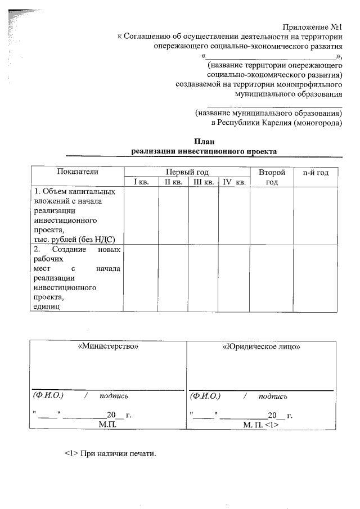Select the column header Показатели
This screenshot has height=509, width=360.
[x=77, y=172]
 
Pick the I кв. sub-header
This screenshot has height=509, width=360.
[x=141, y=182]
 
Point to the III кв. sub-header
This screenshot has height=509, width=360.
[x=202, y=182]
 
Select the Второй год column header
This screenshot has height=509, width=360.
[x=272, y=177]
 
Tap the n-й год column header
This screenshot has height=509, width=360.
[x=316, y=172]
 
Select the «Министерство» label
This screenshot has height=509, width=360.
[x=108, y=347]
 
